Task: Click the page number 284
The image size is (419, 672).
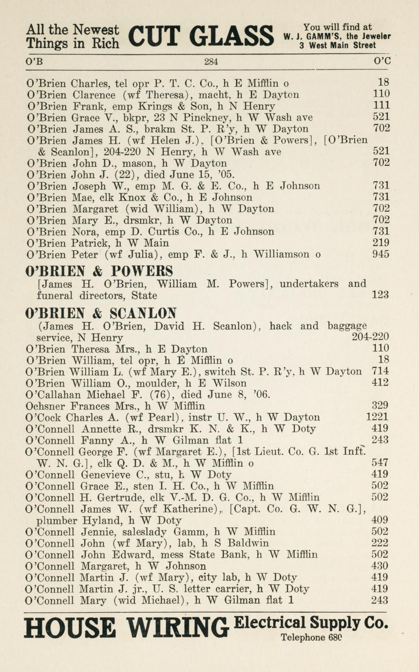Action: coord(211,62)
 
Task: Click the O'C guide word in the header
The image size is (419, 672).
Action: coord(382,62)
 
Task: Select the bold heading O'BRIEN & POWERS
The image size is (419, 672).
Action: coord(99,271)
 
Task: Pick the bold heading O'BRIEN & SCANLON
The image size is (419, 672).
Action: coord(101,312)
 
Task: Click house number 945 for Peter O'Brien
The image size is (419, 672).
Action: coord(381,254)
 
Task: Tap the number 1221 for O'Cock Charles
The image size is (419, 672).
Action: coord(378,417)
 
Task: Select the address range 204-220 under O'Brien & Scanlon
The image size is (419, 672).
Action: coord(370,337)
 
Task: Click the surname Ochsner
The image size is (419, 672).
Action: coord(47,406)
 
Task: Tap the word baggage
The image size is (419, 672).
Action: coord(347,326)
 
